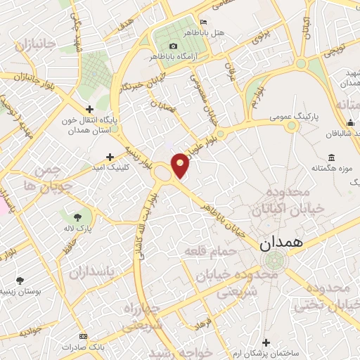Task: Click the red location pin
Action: pyautogui.click(x=180, y=165)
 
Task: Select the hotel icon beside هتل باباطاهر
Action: pyautogui.click(x=204, y=22)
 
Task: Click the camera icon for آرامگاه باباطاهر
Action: pyautogui.click(x=173, y=46)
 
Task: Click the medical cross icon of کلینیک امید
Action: pyautogui.click(x=109, y=157)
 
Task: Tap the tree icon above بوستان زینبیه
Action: pyautogui.click(x=19, y=280)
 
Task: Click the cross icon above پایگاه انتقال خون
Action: pyautogui.click(x=89, y=109)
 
